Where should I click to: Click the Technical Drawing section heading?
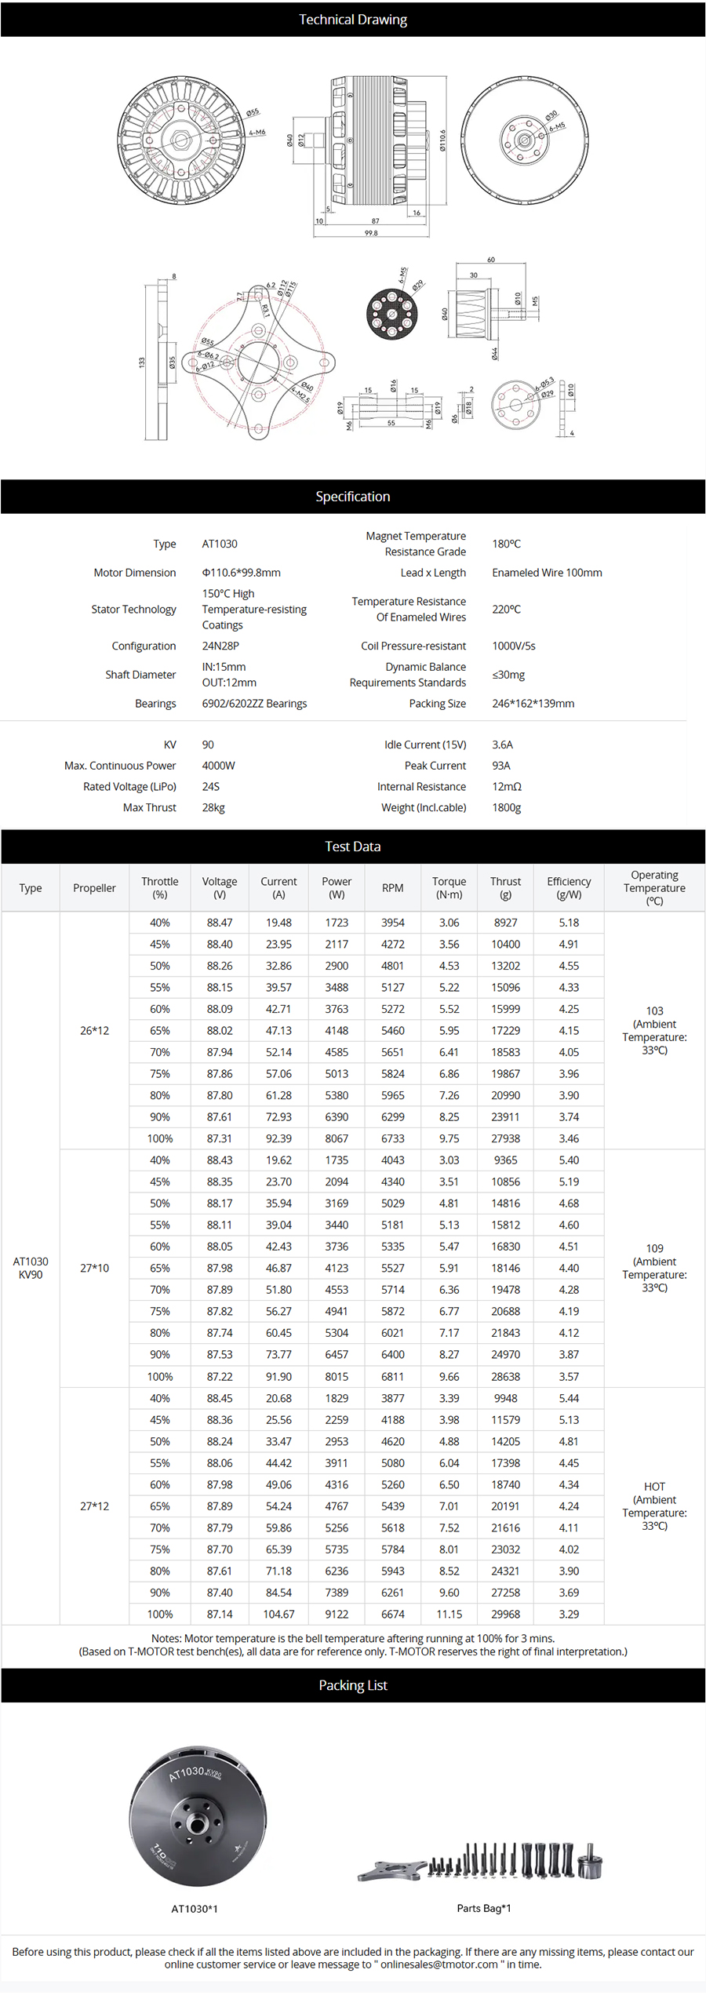pos(352,20)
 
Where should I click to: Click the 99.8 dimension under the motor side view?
pos(371,233)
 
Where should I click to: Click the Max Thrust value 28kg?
pos(213,807)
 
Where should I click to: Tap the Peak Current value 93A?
pos(501,766)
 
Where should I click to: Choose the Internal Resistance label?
pos(421,786)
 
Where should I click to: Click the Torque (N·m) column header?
pos(449,887)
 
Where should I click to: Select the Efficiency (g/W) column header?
pos(569,887)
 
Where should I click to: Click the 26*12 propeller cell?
pos(94,1030)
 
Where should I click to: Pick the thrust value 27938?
pos(505,1138)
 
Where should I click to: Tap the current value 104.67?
pos(278,1614)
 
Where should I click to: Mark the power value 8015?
pos(337,1376)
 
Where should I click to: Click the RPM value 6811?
pos(393,1376)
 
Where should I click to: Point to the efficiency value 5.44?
pos(569,1398)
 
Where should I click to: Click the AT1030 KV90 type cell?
pos(31,1268)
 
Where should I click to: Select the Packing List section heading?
pos(352,1685)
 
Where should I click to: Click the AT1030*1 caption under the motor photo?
pos(195,1908)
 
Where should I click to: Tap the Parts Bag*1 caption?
pos(484,1908)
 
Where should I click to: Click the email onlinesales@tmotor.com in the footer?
pos(439,1964)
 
